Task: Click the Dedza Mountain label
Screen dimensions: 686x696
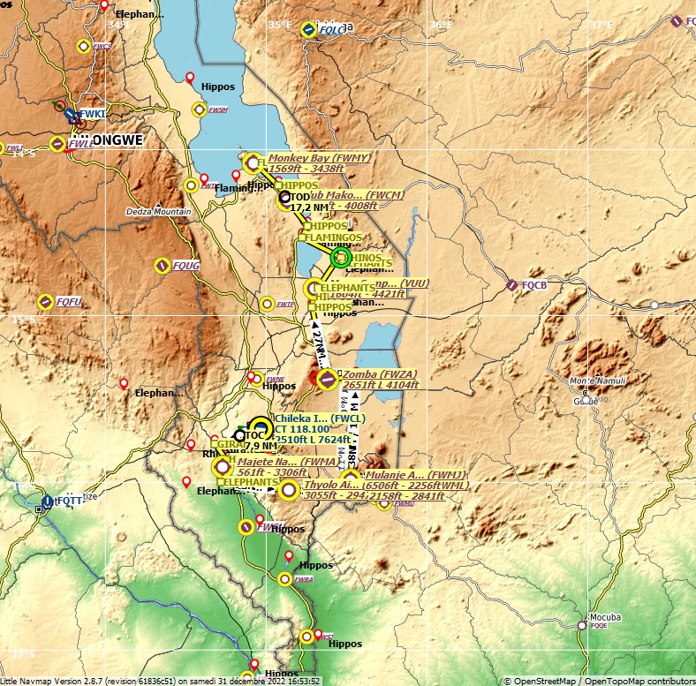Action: point(159,212)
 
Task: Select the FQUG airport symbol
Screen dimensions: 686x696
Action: point(163,265)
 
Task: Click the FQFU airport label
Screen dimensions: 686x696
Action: point(69,302)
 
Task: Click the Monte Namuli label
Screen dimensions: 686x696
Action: point(598,381)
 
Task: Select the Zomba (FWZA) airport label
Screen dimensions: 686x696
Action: point(379,374)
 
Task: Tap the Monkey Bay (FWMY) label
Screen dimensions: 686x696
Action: point(319,158)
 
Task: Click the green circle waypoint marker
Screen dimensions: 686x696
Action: point(341,257)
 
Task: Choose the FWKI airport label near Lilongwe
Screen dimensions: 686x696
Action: point(93,114)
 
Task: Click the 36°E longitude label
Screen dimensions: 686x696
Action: point(439,25)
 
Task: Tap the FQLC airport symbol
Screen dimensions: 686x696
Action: point(308,29)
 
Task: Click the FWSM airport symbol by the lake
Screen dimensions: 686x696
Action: point(199,109)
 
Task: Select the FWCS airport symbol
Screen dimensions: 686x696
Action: point(84,46)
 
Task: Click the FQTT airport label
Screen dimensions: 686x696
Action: point(69,500)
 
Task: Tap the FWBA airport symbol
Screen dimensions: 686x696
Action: point(284,579)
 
